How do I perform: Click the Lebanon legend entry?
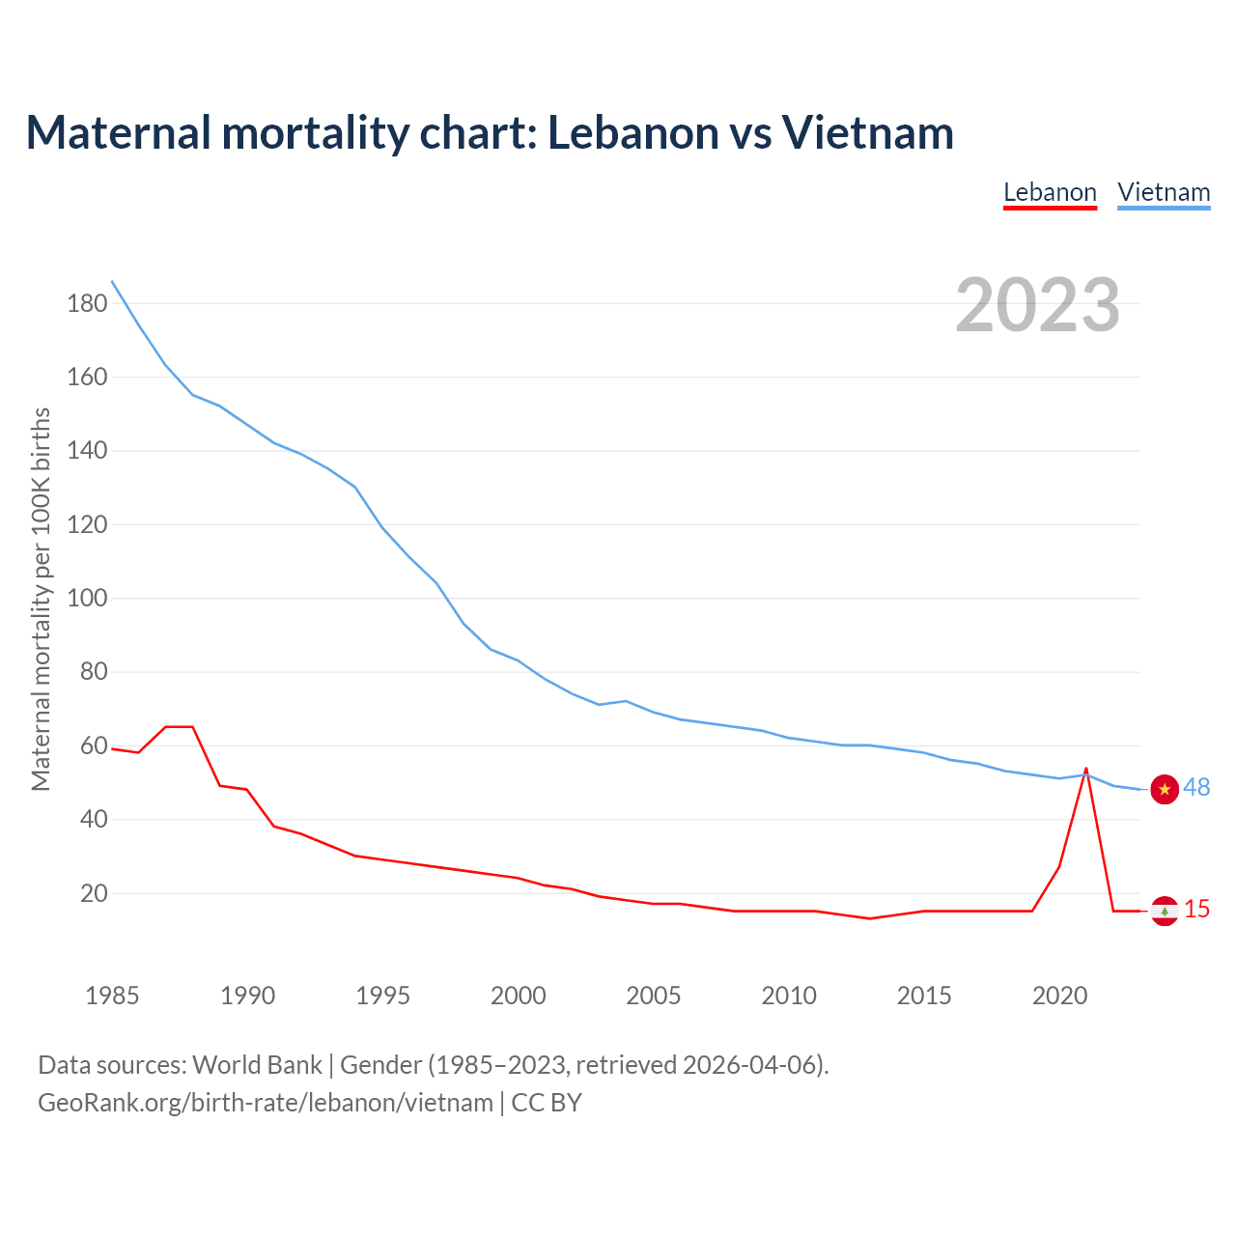point(1050,192)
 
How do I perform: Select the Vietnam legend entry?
point(1164,192)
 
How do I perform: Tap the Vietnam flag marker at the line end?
point(1165,789)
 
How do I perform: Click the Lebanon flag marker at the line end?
point(1165,911)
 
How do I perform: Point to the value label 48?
point(1196,788)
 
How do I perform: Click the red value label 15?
point(1197,910)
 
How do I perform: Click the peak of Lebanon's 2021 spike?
point(1086,770)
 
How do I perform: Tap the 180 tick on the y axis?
point(87,303)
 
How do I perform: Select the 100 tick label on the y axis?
point(87,598)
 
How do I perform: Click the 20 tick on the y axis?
point(94,893)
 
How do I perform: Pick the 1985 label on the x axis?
point(112,996)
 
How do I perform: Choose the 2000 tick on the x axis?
point(519,996)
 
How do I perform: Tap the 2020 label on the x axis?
point(1059,996)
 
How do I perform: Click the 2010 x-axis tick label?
point(789,996)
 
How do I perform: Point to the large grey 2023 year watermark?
point(1038,305)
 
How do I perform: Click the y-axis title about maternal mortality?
point(41,599)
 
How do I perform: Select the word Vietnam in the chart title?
point(867,132)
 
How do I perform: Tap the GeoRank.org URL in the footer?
point(266,1103)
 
